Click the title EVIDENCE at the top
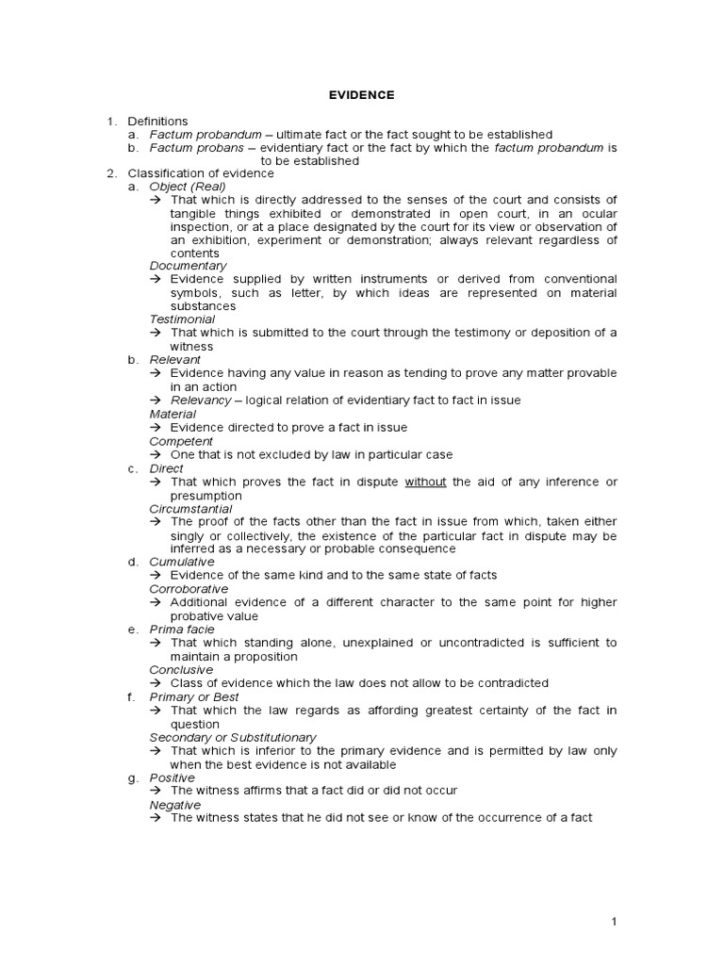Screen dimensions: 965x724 tap(361, 95)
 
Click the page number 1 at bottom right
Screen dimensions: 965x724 tap(614, 922)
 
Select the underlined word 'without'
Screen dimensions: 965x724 tap(425, 482)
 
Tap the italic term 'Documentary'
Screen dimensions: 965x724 tap(188, 266)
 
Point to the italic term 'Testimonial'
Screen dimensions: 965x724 tap(183, 319)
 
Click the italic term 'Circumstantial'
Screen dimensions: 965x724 tap(190, 509)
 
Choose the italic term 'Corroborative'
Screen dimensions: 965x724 tap(189, 589)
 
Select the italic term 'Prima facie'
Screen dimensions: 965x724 tap(182, 630)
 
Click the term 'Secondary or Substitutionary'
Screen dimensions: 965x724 tap(233, 737)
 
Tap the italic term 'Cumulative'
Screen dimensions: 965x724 tap(182, 562)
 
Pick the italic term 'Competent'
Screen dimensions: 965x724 tap(181, 441)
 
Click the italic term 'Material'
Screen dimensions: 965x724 tap(173, 414)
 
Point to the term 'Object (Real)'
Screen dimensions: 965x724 tap(188, 187)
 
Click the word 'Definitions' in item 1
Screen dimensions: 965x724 tap(157, 122)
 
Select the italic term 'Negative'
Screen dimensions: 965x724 tap(175, 805)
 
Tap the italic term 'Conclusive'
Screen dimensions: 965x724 tap(181, 670)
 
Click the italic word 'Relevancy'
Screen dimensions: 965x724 tap(201, 401)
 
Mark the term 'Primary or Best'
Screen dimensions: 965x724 tap(193, 696)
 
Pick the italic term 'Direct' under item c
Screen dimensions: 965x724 tap(167, 468)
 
